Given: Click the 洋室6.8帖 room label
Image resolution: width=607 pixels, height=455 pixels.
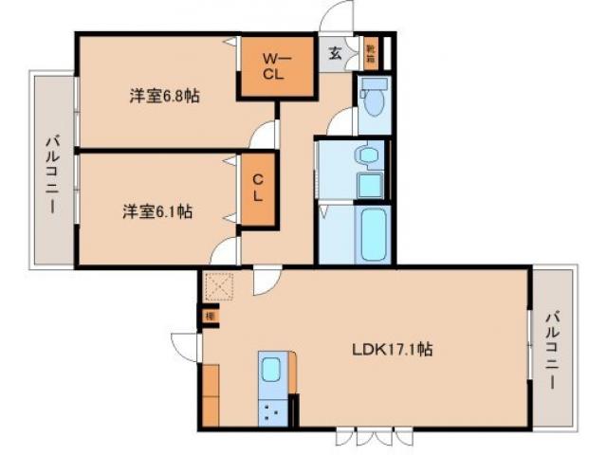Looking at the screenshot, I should coord(165,95).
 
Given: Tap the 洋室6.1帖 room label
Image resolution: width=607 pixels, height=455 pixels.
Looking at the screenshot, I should coord(157,211).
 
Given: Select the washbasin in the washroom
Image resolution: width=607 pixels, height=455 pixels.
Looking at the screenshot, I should coord(364,155).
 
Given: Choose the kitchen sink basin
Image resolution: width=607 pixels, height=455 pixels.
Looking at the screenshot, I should coord(271,373).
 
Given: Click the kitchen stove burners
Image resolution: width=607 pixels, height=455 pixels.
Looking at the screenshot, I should coord(271,411).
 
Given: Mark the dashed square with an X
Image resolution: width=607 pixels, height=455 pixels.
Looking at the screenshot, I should coord(218,285).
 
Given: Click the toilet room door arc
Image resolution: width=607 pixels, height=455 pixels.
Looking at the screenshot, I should coord(340,121).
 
